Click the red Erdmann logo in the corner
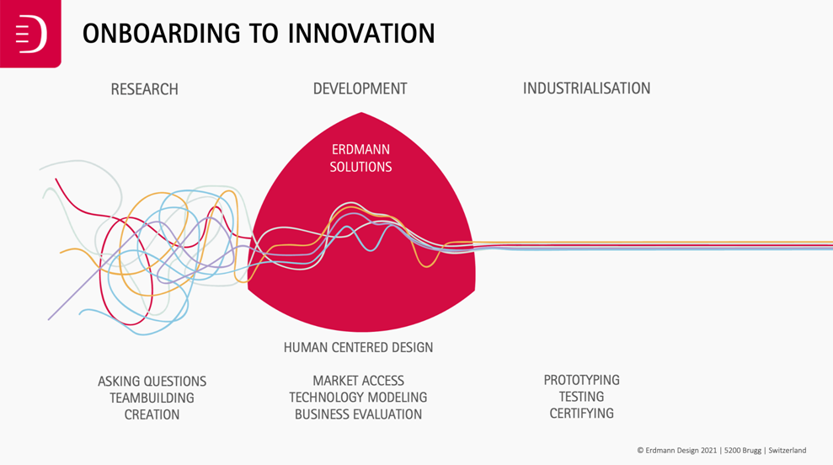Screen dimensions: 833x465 [x=30, y=34]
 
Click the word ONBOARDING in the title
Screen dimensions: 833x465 [x=161, y=34]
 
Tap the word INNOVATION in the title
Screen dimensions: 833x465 [x=361, y=34]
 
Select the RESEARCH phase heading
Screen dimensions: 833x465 [x=145, y=89]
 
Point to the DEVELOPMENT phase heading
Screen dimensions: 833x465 [x=360, y=88]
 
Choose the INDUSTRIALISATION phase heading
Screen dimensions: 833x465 [x=586, y=88]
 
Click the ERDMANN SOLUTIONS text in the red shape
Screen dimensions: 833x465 [x=360, y=158]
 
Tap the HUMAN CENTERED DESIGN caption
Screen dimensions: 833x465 [x=358, y=348]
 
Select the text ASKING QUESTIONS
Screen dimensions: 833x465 [x=152, y=382]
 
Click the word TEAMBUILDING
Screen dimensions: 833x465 [x=152, y=398]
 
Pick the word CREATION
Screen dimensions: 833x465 [x=152, y=414]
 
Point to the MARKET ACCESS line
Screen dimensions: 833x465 [x=358, y=381]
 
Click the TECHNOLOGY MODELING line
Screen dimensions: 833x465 [x=358, y=398]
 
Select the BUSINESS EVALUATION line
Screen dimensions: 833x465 [x=358, y=414]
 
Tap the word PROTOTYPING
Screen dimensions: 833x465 [x=582, y=380]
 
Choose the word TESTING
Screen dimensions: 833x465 [x=582, y=397]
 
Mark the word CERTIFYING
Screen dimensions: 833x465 [x=582, y=414]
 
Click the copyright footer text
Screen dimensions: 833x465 [x=722, y=450]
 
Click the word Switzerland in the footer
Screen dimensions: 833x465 [x=788, y=450]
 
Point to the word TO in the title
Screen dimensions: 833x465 [x=264, y=34]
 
